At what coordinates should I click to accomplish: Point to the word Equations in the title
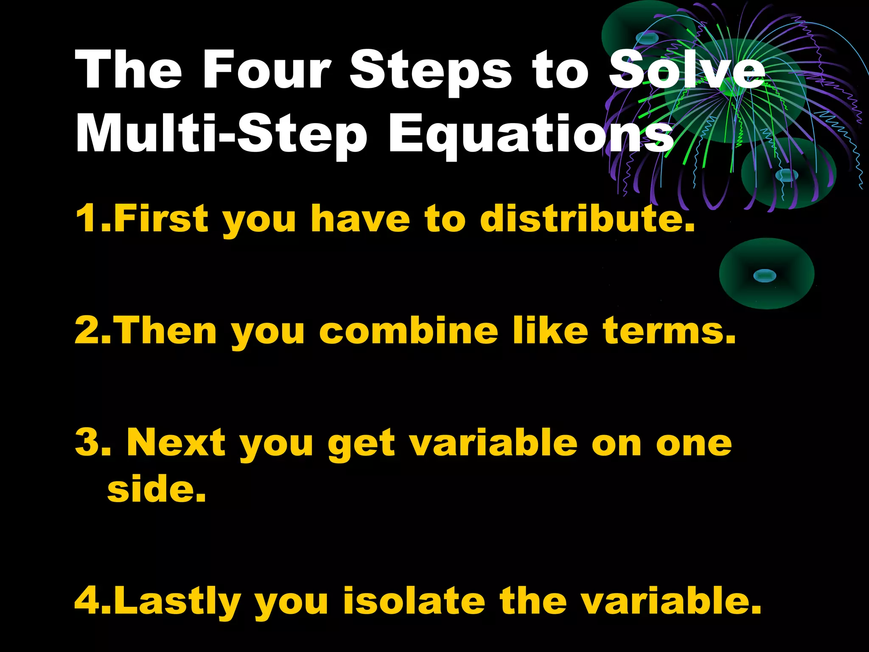(530, 134)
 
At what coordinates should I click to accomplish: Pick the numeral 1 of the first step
(88, 218)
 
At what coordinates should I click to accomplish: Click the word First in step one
(161, 218)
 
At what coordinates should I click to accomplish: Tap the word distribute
(587, 218)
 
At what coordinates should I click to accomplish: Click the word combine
(409, 330)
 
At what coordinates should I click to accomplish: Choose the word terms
(669, 330)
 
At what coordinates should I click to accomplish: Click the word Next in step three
(176, 443)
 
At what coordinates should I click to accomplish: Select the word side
(157, 489)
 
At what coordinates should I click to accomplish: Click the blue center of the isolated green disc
(765, 276)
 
